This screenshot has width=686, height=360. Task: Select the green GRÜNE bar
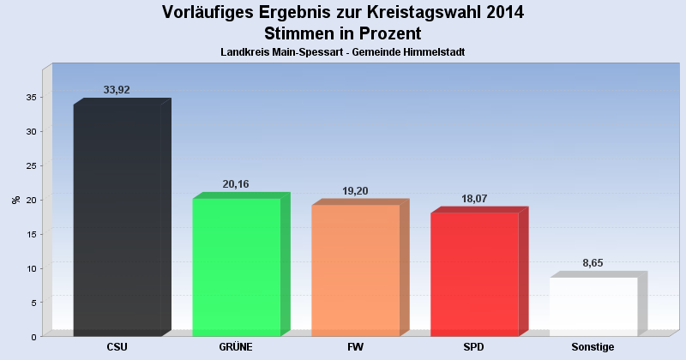coord(236,267)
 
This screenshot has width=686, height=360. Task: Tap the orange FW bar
coord(355,270)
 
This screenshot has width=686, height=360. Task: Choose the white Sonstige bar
coord(593,306)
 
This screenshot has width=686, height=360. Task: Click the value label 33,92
coord(116,90)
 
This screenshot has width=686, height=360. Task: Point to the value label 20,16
coord(235,184)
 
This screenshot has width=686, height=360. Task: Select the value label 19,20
coord(354,191)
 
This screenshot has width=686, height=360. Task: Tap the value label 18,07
coord(473,199)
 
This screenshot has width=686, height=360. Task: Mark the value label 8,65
coord(593,263)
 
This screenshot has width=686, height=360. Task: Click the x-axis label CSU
coord(117,347)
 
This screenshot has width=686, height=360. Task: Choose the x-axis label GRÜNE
coord(236,347)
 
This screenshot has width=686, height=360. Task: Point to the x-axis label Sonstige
coord(593,347)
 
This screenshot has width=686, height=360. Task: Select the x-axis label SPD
coord(474,347)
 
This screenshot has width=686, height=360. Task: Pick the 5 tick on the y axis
coord(32,303)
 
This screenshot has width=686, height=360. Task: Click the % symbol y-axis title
coord(15,200)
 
